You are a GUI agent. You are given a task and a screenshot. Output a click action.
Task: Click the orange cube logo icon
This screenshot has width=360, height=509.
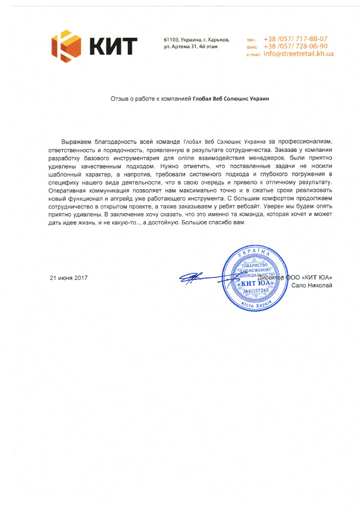(x=66, y=47)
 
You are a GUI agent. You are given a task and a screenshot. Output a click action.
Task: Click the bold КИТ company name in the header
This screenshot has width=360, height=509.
(x=113, y=47)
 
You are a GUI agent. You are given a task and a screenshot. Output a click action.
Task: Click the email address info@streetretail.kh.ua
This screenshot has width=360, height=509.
(x=298, y=55)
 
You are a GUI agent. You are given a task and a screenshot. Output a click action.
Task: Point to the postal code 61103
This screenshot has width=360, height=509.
(x=171, y=40)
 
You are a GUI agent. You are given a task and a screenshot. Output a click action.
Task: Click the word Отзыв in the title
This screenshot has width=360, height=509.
(x=119, y=99)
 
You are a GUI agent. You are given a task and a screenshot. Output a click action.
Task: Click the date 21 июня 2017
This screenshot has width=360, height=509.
(x=68, y=278)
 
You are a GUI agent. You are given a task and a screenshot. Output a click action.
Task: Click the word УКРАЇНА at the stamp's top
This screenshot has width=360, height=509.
(x=258, y=256)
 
